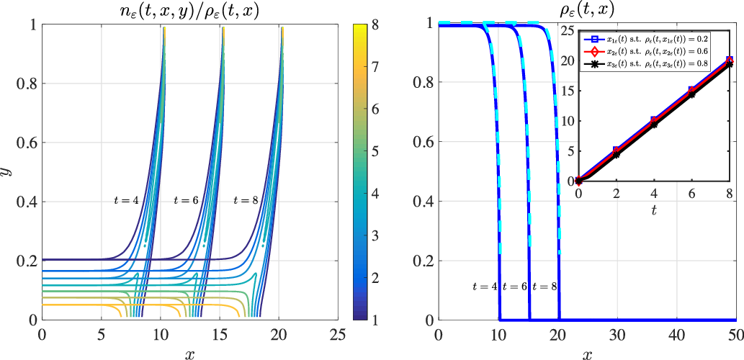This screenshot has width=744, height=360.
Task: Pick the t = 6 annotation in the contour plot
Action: click(187, 199)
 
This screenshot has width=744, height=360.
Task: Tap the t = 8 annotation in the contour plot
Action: click(246, 199)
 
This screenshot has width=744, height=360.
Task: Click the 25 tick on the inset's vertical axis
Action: click(568, 30)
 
